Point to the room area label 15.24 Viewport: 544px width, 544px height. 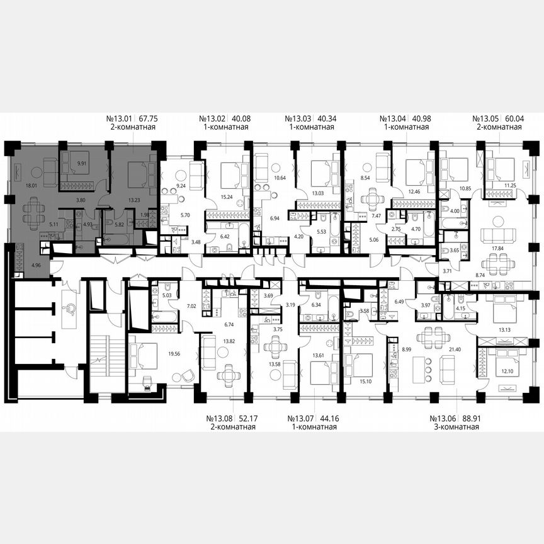coord(227,196)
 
